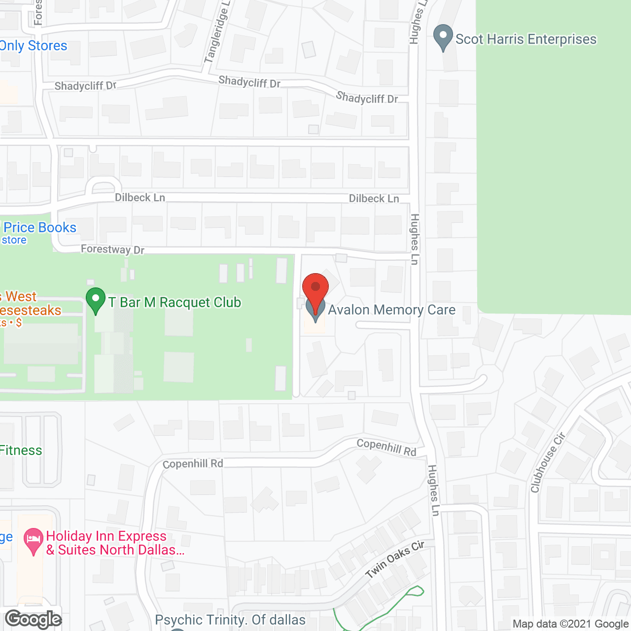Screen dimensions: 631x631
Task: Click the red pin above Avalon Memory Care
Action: (x=315, y=288)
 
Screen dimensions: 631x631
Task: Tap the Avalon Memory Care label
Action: (x=391, y=310)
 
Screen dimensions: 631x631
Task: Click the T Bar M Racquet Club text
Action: (x=175, y=302)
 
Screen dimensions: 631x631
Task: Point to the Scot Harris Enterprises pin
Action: (x=443, y=37)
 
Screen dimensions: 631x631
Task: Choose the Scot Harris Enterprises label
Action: (x=526, y=39)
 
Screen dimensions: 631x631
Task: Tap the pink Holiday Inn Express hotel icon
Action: (x=33, y=541)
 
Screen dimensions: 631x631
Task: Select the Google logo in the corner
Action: (x=33, y=619)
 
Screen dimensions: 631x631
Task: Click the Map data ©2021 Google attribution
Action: (x=571, y=624)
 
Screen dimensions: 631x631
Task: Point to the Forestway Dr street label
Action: (x=112, y=249)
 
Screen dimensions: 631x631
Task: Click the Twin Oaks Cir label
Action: (x=395, y=559)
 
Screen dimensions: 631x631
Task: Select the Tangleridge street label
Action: (x=217, y=33)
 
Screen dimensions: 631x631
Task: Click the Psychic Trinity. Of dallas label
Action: (x=230, y=620)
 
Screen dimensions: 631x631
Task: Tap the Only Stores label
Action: (x=34, y=46)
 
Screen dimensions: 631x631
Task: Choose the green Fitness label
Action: (x=21, y=450)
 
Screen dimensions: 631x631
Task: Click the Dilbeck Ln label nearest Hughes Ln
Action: (x=374, y=199)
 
